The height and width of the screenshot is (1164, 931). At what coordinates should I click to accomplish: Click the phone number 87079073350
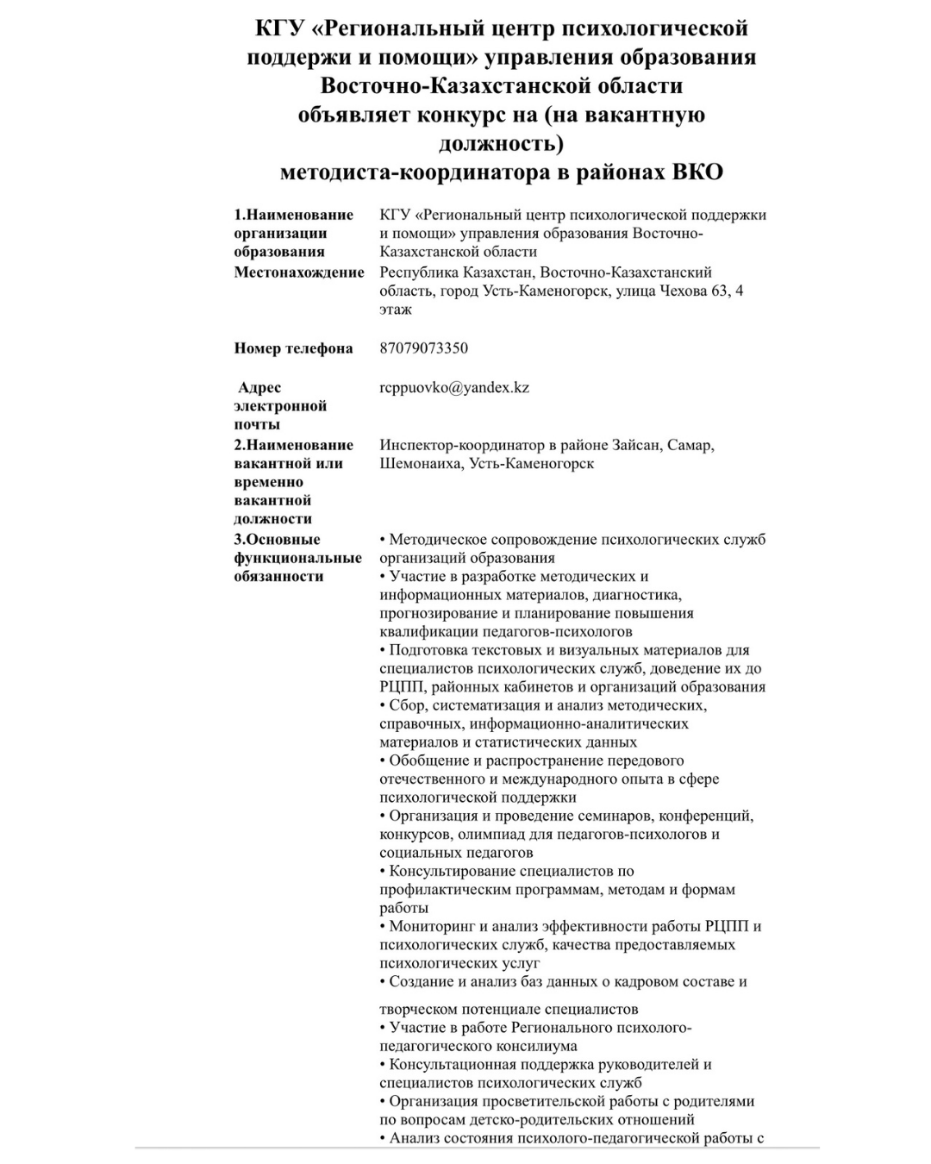[423, 348]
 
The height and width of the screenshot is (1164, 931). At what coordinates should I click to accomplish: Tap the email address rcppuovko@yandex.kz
[454, 388]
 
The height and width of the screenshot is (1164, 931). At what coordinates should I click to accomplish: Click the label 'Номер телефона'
[293, 348]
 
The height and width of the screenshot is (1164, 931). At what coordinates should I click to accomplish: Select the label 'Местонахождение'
[299, 272]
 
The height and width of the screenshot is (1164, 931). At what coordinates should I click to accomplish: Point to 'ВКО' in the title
[697, 172]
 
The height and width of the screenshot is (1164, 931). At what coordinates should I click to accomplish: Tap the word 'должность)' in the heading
[501, 142]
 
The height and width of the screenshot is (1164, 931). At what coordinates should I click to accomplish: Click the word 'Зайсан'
[637, 445]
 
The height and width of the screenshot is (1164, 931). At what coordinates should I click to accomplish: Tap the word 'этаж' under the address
[396, 310]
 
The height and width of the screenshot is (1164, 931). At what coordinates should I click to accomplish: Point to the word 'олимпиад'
[488, 835]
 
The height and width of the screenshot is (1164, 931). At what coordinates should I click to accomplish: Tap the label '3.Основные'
[277, 540]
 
